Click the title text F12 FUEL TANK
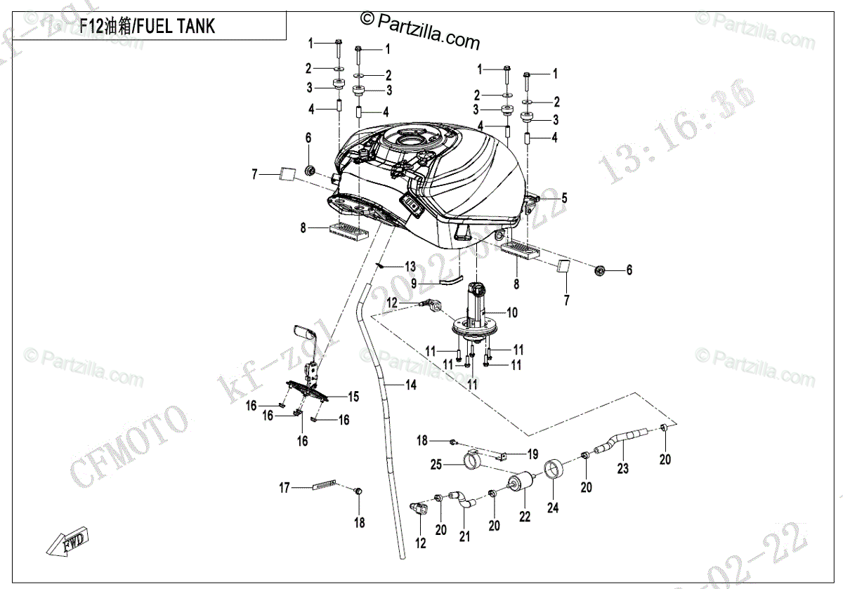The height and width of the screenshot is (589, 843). coord(148,27)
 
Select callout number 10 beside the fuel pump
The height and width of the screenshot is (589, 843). coord(512,313)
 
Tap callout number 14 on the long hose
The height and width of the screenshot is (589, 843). coord(410,385)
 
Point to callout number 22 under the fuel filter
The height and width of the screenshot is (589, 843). coord(525,517)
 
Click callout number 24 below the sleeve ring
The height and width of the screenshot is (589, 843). coord(553,508)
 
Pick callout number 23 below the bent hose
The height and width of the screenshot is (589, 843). coord(623,468)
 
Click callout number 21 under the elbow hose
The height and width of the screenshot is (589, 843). coord(464,537)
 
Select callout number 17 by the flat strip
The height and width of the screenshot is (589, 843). coord(285,487)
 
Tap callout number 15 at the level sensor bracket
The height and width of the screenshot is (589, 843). coord(353,397)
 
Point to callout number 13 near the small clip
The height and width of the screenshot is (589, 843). coord(410,267)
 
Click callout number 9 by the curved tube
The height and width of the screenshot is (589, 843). coord(414,283)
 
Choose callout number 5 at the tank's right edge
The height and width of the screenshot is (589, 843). coord(563,199)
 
